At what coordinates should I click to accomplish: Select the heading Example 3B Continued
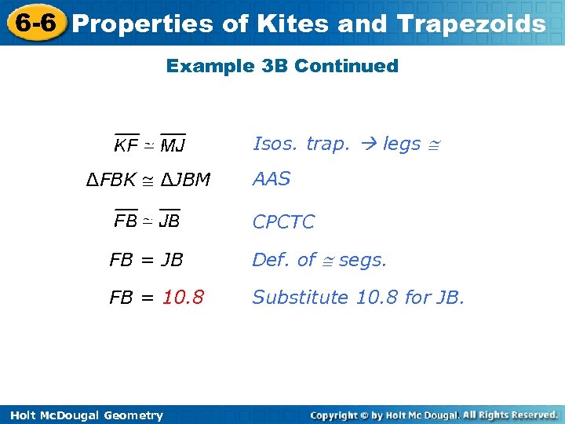pyautogui.click(x=282, y=66)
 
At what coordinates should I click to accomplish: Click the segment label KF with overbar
pyautogui.click(x=126, y=144)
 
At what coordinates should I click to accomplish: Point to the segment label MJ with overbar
pyautogui.click(x=173, y=144)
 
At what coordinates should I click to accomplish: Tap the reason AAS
pyautogui.click(x=272, y=179)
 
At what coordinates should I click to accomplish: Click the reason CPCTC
pyautogui.click(x=283, y=222)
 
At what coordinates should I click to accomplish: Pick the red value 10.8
pyautogui.click(x=183, y=298)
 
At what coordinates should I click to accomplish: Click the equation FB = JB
pyautogui.click(x=146, y=260)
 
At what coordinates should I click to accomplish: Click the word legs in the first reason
pyautogui.click(x=402, y=144)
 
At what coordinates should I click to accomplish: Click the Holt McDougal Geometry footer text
pyautogui.click(x=82, y=415)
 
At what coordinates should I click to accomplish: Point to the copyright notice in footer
pyautogui.click(x=433, y=415)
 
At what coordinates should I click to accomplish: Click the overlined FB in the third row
pyautogui.click(x=126, y=221)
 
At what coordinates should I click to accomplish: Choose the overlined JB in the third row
pyautogui.click(x=169, y=221)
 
